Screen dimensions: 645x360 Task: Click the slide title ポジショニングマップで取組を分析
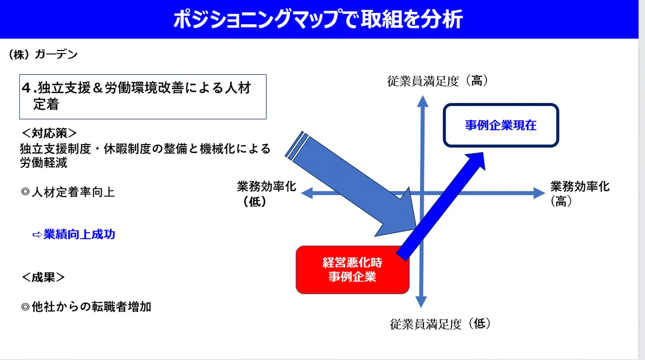(318, 19)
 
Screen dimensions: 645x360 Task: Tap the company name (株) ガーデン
(43, 54)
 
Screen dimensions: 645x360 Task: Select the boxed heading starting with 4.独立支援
(143, 97)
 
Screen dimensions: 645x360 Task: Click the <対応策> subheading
(49, 133)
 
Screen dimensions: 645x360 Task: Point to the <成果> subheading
(43, 277)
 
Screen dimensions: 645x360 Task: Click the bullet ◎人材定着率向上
(68, 192)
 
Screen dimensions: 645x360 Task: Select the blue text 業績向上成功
(79, 234)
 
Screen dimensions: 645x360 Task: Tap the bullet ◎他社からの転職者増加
(86, 307)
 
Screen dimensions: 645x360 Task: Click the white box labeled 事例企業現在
(501, 125)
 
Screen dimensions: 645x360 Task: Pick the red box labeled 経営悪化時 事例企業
(352, 270)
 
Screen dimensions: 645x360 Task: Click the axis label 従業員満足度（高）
(438, 81)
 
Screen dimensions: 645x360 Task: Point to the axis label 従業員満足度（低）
(440, 324)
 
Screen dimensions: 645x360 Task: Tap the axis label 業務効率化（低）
(267, 193)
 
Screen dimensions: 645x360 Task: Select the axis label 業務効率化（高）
(579, 193)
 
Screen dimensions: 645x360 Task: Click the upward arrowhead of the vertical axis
(422, 102)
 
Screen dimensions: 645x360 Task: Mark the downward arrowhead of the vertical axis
(421, 302)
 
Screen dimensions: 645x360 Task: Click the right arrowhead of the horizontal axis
(539, 193)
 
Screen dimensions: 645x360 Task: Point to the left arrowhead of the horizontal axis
(307, 193)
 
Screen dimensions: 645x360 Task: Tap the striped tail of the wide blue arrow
(297, 145)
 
